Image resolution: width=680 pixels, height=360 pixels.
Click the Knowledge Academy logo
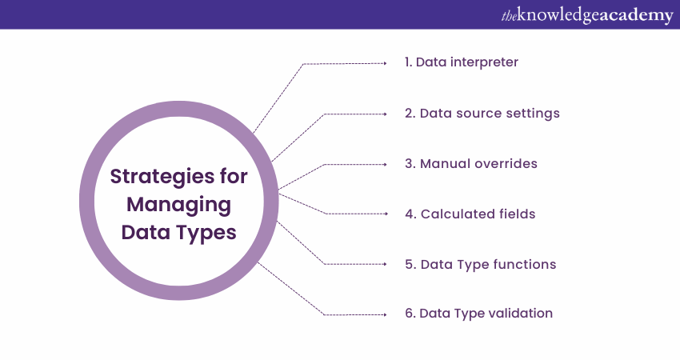[587, 15]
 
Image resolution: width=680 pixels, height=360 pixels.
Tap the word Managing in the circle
[178, 205]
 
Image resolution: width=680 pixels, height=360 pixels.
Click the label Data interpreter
[462, 62]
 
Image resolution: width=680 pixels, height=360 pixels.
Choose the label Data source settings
[482, 114]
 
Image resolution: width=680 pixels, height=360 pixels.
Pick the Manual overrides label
[471, 163]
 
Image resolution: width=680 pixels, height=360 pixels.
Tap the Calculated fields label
[470, 214]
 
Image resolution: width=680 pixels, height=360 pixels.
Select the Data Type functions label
[481, 264]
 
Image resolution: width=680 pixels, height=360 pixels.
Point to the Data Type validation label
[478, 313]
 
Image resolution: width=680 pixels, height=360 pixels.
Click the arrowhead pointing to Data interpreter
[385, 63]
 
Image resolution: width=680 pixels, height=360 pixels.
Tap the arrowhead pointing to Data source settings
[385, 114]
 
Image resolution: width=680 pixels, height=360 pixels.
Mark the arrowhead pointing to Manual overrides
[385, 164]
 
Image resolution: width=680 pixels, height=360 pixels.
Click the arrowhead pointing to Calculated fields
[386, 214]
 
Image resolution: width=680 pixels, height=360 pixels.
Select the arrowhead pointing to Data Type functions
[385, 264]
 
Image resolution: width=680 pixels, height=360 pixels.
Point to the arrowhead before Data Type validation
[385, 314]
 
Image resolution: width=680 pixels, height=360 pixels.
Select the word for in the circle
[234, 177]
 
